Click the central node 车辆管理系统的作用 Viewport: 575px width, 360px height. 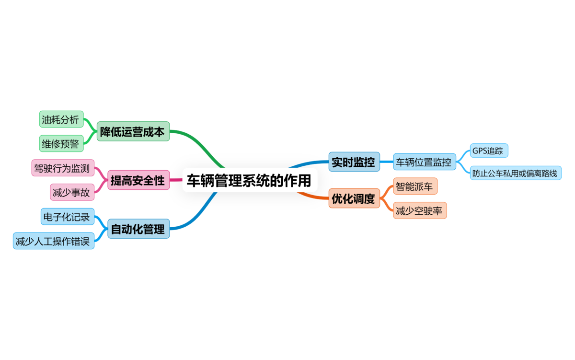pyautogui.click(x=250, y=180)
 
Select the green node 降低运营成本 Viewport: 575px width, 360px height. pyautogui.click(x=133, y=131)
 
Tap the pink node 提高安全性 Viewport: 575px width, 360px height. pyautogui.click(x=138, y=180)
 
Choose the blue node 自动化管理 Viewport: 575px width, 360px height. pyautogui.click(x=138, y=229)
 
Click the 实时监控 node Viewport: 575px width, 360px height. pyautogui.click(x=354, y=162)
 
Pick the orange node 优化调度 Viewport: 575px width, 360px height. pyautogui.click(x=354, y=198)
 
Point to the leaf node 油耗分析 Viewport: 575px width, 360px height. pyautogui.click(x=60, y=120)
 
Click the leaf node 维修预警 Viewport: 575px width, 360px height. pyautogui.click(x=60, y=143)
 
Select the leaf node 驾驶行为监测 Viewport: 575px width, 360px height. pyautogui.click(x=62, y=168)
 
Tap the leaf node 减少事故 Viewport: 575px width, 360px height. pyautogui.click(x=72, y=192)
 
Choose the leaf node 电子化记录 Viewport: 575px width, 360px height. pyautogui.click(x=67, y=217)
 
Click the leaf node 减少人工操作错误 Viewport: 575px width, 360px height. pyautogui.click(x=53, y=241)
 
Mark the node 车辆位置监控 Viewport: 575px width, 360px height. pyautogui.click(x=423, y=162)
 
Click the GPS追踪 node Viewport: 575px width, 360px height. pyautogui.click(x=488, y=151)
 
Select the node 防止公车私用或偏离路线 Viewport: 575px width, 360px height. pyautogui.click(x=515, y=173)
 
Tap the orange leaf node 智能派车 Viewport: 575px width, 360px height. pyautogui.click(x=414, y=186)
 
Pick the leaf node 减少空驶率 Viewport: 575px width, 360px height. pyautogui.click(x=419, y=210)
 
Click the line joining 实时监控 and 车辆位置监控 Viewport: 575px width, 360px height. pyautogui.click(x=387, y=162)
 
